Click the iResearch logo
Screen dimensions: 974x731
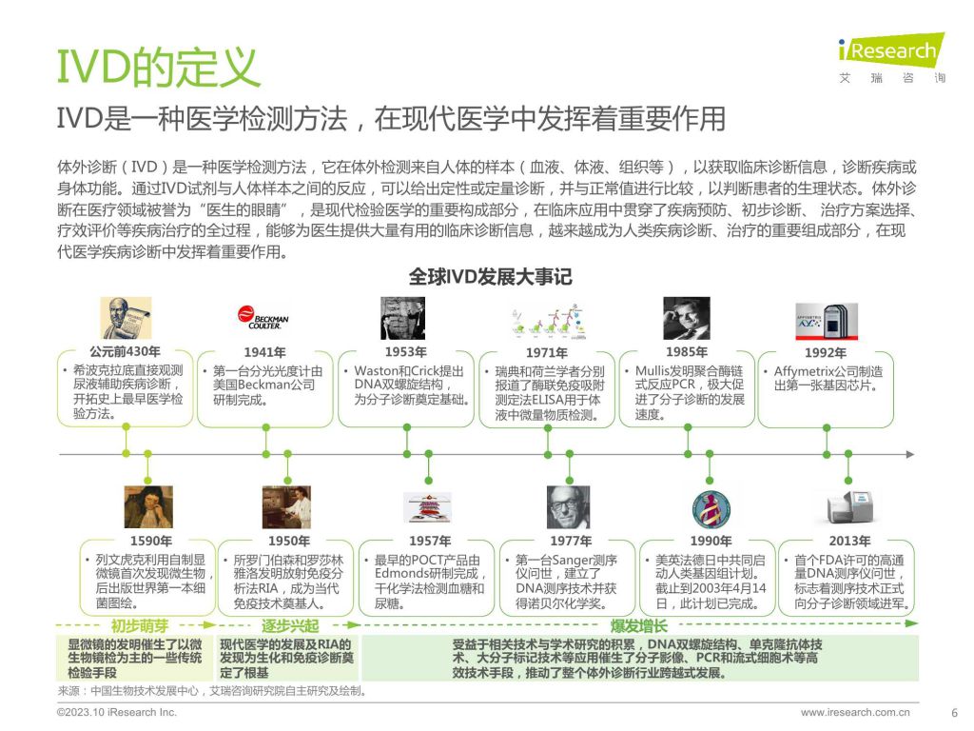click(x=891, y=57)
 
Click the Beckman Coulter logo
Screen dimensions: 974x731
click(x=263, y=317)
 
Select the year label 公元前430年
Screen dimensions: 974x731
click(x=125, y=351)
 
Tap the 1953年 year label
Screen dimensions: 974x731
click(x=405, y=352)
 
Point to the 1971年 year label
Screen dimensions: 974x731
click(x=547, y=352)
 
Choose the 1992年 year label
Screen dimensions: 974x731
click(x=826, y=352)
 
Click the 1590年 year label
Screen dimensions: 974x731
click(x=151, y=541)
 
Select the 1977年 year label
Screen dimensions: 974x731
click(x=571, y=541)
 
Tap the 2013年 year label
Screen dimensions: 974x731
click(x=849, y=541)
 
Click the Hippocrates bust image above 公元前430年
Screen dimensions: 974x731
click(x=126, y=318)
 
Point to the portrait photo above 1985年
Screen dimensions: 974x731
click(x=687, y=318)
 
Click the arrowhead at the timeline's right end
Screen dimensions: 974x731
click(x=910, y=454)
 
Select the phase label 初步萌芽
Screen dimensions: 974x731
click(x=140, y=625)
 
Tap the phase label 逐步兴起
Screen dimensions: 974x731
click(x=290, y=625)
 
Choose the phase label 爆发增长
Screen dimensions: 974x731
click(x=638, y=625)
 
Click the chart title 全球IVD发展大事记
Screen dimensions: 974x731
click(x=490, y=277)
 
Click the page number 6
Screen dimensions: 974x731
click(x=955, y=713)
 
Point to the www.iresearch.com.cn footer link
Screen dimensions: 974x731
click(x=855, y=712)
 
